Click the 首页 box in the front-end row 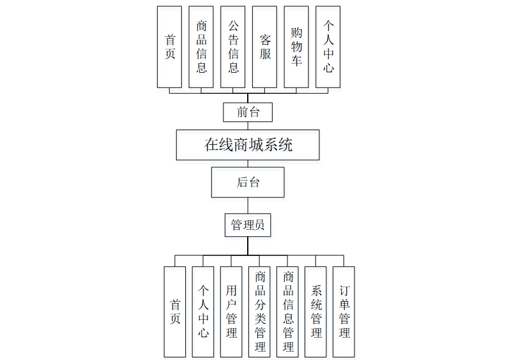(169, 47)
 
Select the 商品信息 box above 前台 (201, 47)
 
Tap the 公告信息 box (233, 47)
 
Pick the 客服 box (265, 47)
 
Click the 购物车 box (296, 47)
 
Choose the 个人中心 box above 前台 (328, 47)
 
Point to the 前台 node (248, 112)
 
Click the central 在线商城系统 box (248, 145)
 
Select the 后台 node (248, 182)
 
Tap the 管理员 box (248, 225)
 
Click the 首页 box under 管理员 (175, 311)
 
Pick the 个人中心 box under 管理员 (203, 311)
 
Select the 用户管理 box (231, 311)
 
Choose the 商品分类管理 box (259, 311)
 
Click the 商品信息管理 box (287, 311)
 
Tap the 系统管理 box (315, 311)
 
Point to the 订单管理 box (344, 311)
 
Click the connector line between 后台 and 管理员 (248, 206)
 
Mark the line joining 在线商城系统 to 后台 (248, 163)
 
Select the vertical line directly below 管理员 (248, 246)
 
